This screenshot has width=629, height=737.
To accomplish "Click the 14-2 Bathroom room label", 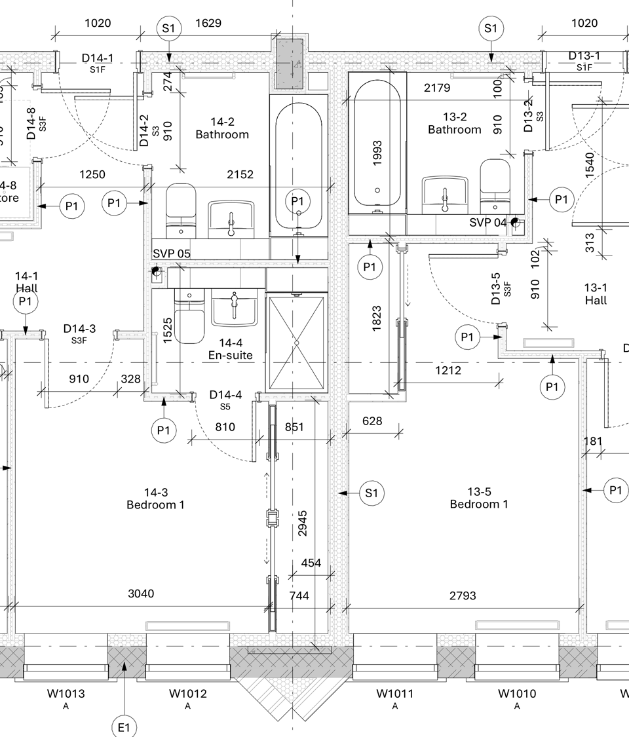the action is tap(222, 128).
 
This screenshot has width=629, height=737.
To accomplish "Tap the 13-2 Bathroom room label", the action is tap(455, 123).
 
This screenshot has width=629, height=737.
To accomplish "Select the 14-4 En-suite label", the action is tap(231, 349).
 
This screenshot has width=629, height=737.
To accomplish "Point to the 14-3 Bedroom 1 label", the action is tap(155, 499).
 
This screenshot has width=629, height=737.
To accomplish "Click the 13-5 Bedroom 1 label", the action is tap(479, 498).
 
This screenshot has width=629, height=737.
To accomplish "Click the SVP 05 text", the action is tap(172, 254).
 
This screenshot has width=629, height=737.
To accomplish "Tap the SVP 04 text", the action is tap(488, 222).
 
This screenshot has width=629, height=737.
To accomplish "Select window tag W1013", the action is tap(66, 693).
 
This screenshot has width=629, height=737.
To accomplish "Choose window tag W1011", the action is tap(395, 693).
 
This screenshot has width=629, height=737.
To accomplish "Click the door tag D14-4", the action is tap(225, 395).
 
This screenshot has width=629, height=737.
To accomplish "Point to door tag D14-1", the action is tap(98, 58).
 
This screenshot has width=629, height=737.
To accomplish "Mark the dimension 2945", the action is tap(303, 523).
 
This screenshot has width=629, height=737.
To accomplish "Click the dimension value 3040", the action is tap(141, 594).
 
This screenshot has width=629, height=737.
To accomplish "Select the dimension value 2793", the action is tap(463, 595).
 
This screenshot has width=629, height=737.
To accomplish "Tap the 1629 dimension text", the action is tap(208, 23).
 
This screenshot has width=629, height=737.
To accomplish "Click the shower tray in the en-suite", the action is tap(296, 343).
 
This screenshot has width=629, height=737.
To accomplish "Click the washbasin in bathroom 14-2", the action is tap(231, 219).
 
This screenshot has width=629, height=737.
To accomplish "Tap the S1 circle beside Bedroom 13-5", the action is tap(372, 493).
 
